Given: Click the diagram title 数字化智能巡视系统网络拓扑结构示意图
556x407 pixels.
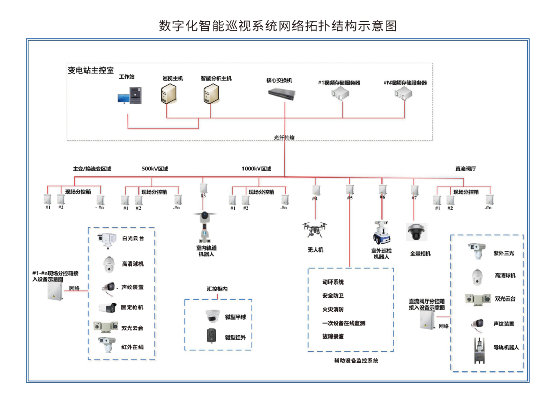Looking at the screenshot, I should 278,26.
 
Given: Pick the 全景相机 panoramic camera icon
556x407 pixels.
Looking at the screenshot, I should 416,233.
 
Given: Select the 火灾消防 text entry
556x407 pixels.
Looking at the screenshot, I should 333,310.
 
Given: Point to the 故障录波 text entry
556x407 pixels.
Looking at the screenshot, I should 333,337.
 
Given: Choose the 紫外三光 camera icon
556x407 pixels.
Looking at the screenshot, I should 476,250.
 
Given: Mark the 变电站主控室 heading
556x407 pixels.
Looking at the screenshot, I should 91,70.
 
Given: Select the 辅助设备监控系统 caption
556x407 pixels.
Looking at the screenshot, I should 356,361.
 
